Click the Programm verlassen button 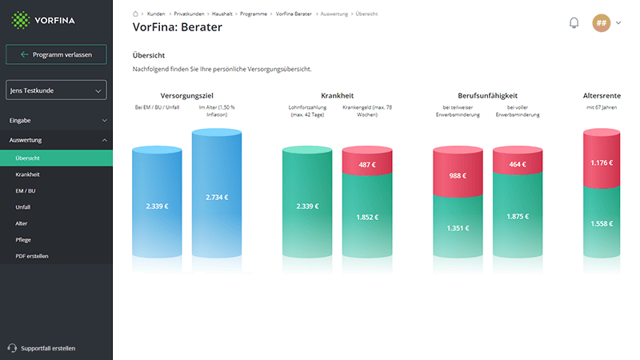(56, 54)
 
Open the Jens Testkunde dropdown (56, 91)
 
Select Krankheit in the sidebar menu (28, 174)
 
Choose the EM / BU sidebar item (26, 190)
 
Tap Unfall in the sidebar (23, 206)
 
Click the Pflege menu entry (24, 239)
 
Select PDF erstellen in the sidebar (32, 255)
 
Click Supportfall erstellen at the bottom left (46, 348)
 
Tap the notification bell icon (574, 23)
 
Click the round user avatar (602, 23)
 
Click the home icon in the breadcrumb (135, 14)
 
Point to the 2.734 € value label (218, 198)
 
